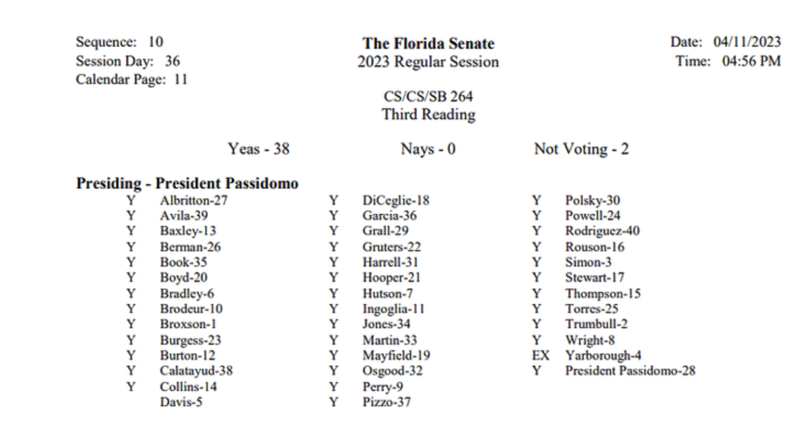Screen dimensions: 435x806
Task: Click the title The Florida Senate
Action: click(428, 43)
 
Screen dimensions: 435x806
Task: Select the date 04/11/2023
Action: click(747, 42)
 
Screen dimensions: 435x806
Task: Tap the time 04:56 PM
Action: click(752, 61)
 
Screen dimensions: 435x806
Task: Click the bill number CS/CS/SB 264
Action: click(428, 96)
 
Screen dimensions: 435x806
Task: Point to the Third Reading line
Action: click(428, 115)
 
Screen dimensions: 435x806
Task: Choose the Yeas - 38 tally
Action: click(258, 149)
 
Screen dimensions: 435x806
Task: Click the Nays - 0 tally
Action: click(428, 149)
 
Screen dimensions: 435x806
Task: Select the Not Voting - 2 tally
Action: click(581, 149)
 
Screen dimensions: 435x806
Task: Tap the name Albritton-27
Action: click(193, 200)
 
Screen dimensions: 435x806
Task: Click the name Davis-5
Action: click(181, 402)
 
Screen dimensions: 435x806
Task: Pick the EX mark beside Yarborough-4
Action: click(540, 355)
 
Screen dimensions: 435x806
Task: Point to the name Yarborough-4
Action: click(603, 355)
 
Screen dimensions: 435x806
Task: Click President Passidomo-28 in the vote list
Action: click(630, 371)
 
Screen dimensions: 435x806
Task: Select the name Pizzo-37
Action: click(387, 402)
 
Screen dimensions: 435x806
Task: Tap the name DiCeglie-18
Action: click(396, 200)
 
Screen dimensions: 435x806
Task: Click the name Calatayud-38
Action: click(196, 371)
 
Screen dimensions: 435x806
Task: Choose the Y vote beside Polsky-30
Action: click(537, 200)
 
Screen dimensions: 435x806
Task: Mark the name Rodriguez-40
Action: click(602, 231)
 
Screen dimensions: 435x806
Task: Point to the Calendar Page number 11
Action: click(181, 79)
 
